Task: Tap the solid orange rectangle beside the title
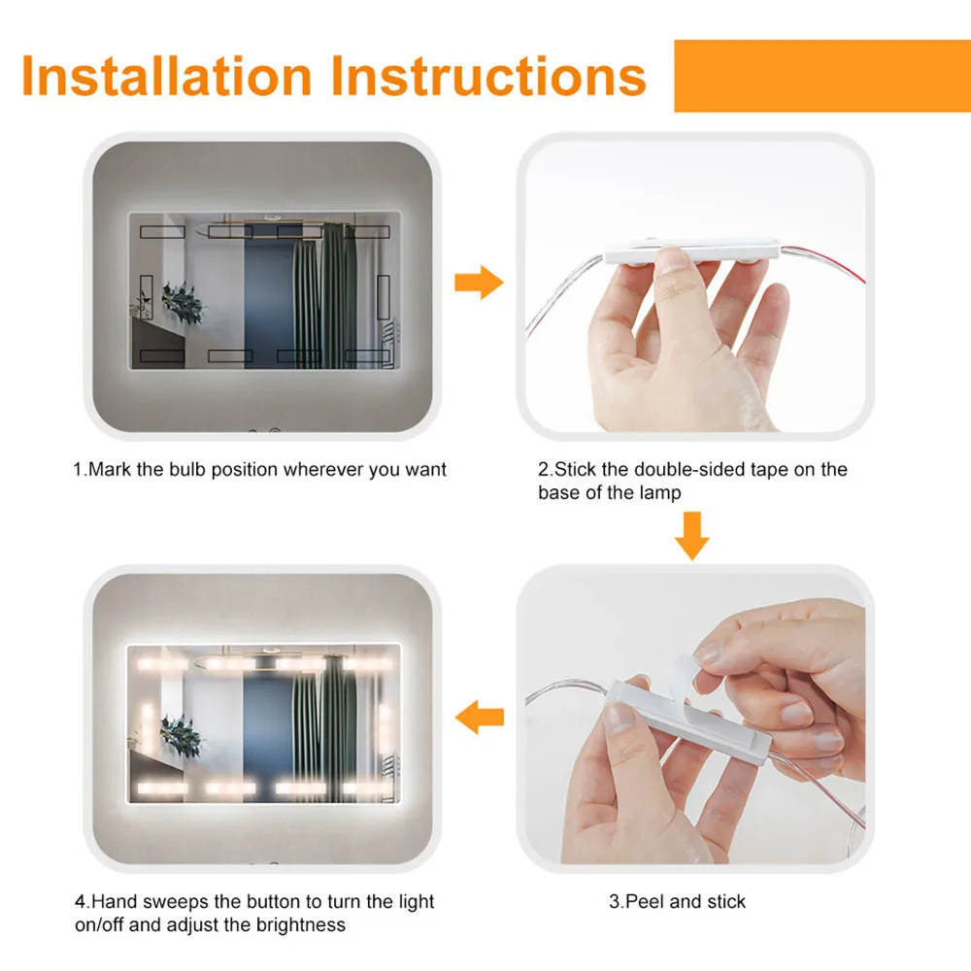click(821, 76)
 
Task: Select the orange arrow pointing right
click(479, 285)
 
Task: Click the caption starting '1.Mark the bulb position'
click(260, 470)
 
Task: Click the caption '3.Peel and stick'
click(678, 902)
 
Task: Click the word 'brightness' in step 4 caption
click(300, 924)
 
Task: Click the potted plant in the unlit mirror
click(183, 303)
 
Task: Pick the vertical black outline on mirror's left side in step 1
click(147, 297)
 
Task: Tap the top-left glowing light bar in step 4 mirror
click(161, 664)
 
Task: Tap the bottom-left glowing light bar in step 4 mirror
click(161, 787)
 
